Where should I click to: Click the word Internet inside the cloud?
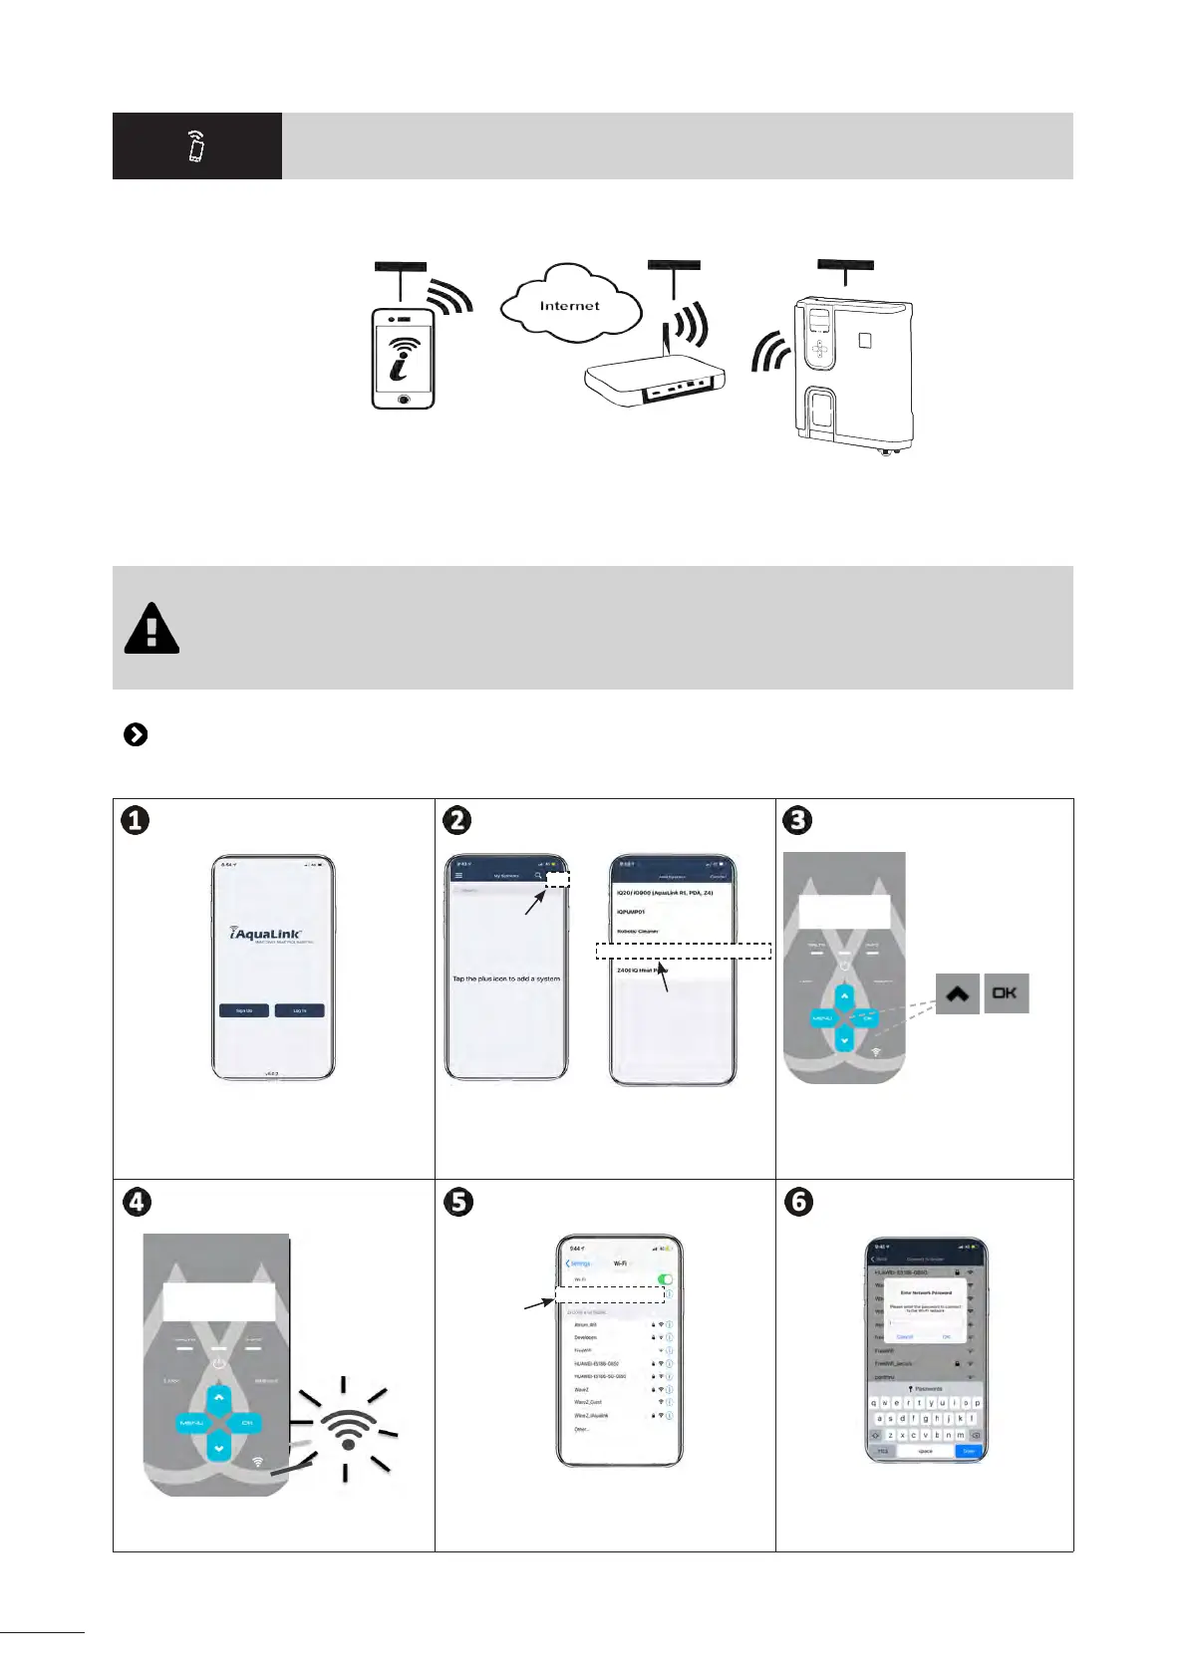[569, 306]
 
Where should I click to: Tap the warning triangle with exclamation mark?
[151, 629]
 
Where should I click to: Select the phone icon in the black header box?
[196, 146]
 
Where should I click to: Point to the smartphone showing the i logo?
[404, 358]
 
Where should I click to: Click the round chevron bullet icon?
[136, 734]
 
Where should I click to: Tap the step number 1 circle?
[136, 820]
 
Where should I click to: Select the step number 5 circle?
[457, 1202]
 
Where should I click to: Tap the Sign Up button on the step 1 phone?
[244, 1010]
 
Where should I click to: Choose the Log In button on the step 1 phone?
[299, 1010]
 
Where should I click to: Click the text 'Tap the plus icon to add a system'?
[506, 979]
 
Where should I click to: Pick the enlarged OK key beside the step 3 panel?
[1006, 993]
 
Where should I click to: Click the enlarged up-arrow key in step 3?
[958, 993]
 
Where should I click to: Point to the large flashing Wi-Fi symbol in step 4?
[348, 1431]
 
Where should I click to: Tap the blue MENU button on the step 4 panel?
[190, 1423]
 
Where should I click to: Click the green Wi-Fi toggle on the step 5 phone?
[665, 1278]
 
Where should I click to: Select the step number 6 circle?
[798, 1202]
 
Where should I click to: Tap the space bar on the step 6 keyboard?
[925, 1451]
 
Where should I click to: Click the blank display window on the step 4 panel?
[218, 1301]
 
